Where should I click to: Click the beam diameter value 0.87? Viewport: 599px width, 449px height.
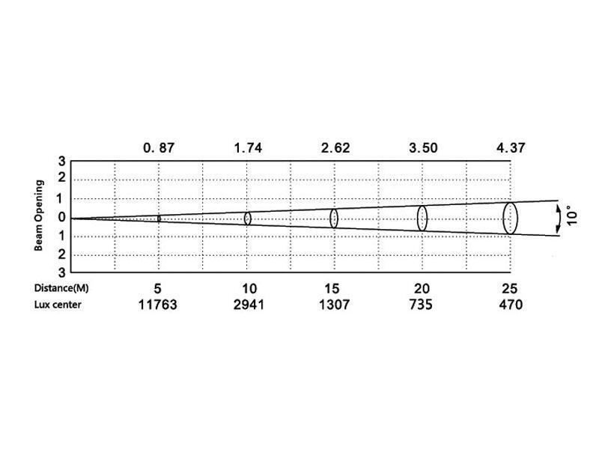point(159,147)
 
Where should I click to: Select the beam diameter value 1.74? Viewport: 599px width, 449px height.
point(248,147)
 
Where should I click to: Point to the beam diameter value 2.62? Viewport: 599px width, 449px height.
point(335,147)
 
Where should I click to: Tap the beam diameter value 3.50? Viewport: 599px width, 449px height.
point(423,147)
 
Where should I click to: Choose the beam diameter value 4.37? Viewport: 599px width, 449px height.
point(511,147)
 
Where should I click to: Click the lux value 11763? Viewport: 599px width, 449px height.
point(157,305)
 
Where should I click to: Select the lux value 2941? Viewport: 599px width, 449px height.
point(249,305)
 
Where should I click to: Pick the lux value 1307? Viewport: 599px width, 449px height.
point(334,305)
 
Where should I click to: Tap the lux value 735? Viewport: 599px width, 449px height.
point(421,305)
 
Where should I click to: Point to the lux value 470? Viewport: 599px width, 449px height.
point(511,305)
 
